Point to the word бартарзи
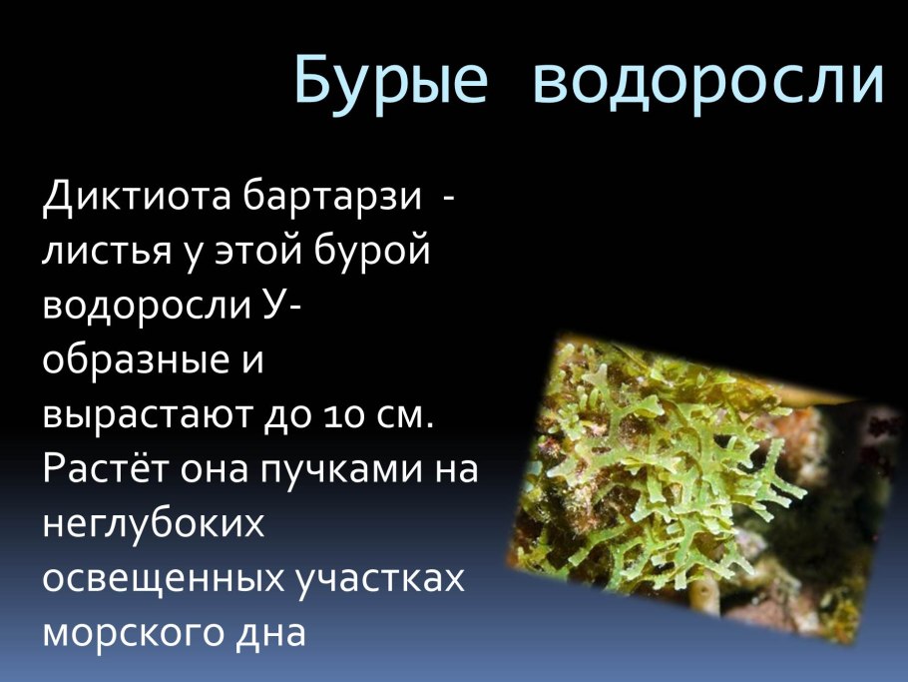click(x=332, y=196)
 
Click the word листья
click(x=107, y=252)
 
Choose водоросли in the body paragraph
click(x=147, y=306)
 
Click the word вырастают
click(x=149, y=415)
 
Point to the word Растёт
click(x=106, y=468)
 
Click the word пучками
click(x=342, y=470)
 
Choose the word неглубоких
click(x=154, y=523)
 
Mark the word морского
click(x=133, y=633)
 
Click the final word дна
click(x=270, y=633)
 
